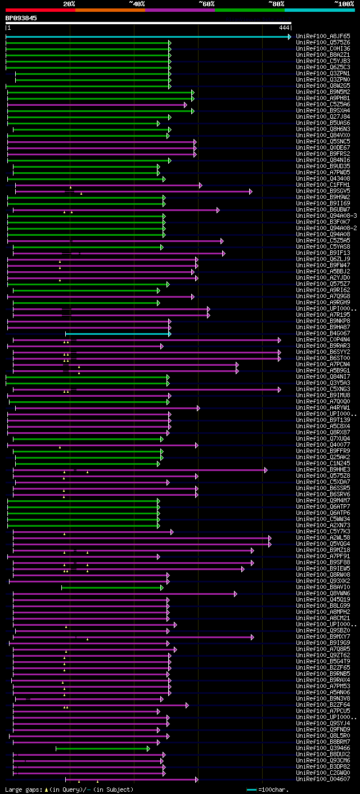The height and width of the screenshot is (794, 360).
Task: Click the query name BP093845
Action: tap(21, 18)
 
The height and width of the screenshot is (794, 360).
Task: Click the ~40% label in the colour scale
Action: tap(137, 3)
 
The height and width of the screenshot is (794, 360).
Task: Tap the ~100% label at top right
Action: tap(344, 3)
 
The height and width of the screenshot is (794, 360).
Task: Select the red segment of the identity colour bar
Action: tap(40, 10)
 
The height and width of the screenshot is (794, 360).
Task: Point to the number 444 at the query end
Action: tap(283, 28)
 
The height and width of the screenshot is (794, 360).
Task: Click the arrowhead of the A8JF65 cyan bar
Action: tap(289, 37)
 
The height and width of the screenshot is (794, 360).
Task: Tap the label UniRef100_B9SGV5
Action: tap(323, 191)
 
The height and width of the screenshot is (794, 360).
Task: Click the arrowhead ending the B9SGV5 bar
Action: tap(251, 191)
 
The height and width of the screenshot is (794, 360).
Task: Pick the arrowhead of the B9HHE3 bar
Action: tap(266, 470)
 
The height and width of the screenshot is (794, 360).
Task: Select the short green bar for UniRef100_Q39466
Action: tap(102, 748)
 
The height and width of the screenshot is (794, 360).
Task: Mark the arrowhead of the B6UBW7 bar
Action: tap(218, 210)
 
